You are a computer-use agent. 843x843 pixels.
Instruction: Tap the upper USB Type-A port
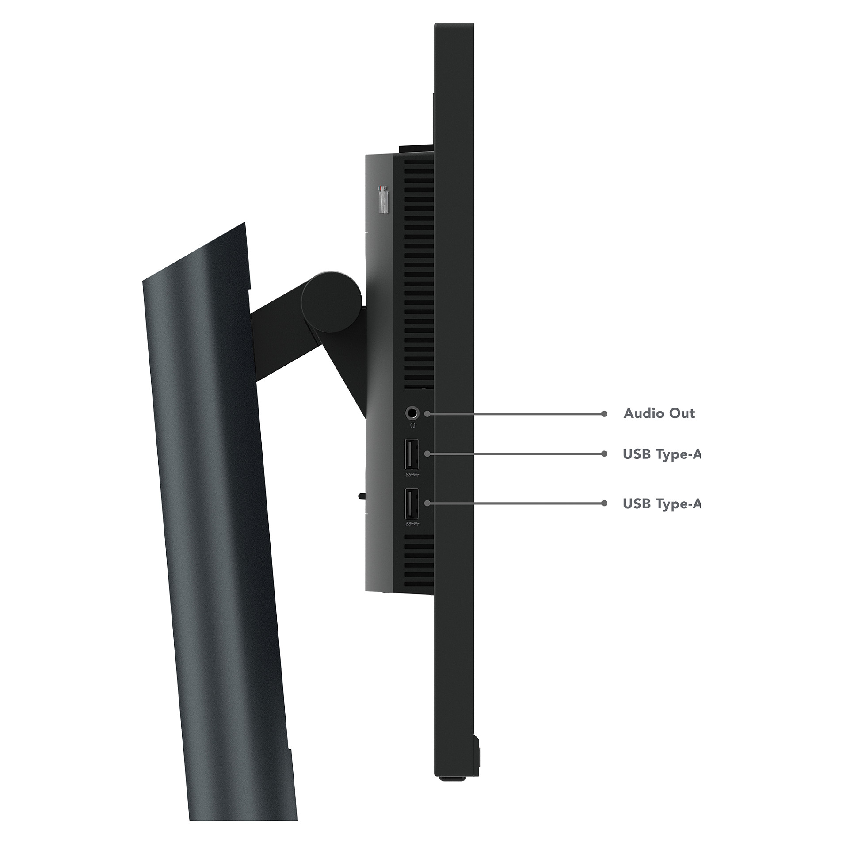pos(411,454)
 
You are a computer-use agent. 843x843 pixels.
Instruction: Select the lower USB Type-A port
pos(411,504)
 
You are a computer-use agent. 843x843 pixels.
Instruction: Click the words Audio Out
pos(659,413)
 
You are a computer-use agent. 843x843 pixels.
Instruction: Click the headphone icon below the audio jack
pos(412,425)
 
